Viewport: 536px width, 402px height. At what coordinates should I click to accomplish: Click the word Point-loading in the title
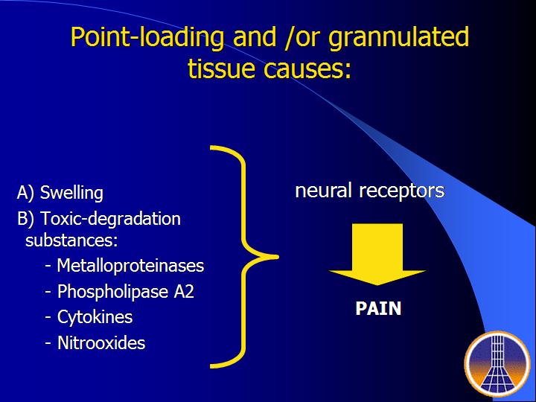pos(147,37)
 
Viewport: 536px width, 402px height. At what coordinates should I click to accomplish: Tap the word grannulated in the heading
pos(398,37)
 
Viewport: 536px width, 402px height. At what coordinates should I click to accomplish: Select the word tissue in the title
pos(221,66)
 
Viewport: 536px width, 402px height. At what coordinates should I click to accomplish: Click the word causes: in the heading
pos(307,66)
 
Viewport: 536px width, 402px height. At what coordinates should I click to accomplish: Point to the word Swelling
pos(71,193)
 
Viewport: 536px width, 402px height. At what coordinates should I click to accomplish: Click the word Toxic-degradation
pos(110,219)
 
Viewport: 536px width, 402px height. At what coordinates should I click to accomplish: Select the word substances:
pos(71,240)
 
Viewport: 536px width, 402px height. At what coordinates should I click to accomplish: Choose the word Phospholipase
pos(113,292)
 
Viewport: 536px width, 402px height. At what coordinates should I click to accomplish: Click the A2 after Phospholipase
pos(184,292)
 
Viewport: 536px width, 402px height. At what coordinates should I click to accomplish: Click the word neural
pos(323,191)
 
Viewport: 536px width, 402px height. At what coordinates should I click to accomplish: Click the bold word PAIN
pos(378,309)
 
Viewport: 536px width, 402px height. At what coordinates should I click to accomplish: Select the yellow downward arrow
pos(377,255)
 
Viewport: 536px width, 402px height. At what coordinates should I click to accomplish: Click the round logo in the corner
pos(497,364)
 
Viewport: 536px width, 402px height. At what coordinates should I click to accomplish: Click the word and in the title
pos(254,37)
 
